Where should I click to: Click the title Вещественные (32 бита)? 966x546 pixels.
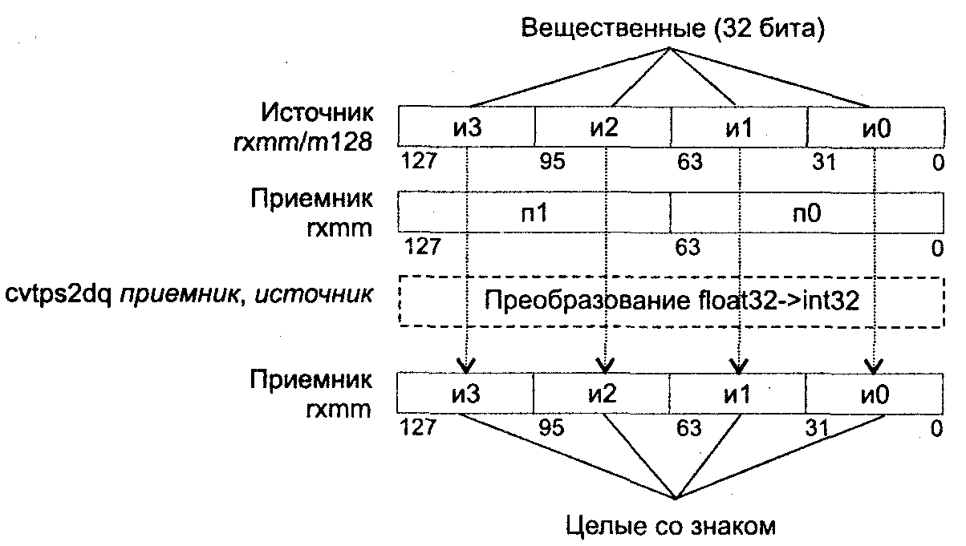673,29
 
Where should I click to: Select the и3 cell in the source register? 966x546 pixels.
466,127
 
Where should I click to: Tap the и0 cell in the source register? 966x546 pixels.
875,127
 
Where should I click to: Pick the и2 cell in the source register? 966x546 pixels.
603,127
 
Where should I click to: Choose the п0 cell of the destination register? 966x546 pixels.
806,214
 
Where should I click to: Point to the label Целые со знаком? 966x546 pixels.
671,526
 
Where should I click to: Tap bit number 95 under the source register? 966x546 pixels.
552,162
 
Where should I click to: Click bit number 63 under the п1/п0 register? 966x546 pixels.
688,247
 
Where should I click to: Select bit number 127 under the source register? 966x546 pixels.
420,162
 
